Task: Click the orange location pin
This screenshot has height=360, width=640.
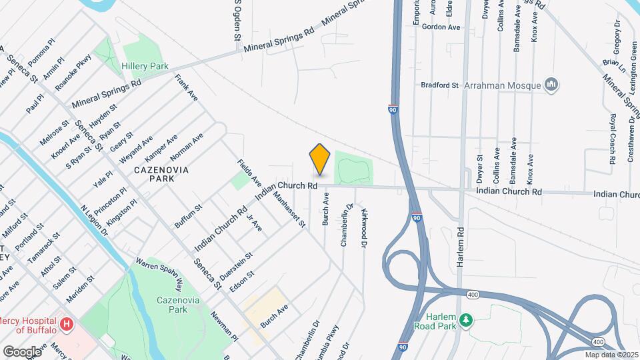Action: (x=320, y=160)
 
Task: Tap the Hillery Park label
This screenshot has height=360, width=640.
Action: (x=145, y=67)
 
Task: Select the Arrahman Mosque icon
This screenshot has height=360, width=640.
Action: (x=551, y=85)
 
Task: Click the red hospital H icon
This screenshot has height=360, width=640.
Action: (x=67, y=325)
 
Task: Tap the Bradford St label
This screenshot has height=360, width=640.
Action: (x=440, y=85)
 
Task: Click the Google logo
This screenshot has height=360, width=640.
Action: (x=22, y=351)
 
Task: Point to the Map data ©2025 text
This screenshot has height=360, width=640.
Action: (x=611, y=354)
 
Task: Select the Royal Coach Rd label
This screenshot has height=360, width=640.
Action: (x=612, y=139)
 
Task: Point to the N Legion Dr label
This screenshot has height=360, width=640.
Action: (x=94, y=221)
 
